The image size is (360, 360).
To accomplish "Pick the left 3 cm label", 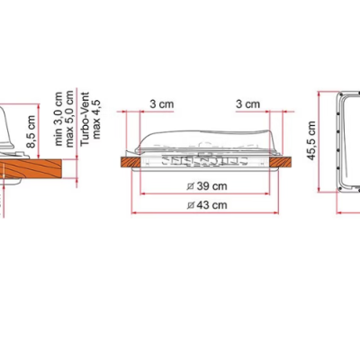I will click(161, 103).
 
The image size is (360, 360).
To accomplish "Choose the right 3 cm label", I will click(247, 103).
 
